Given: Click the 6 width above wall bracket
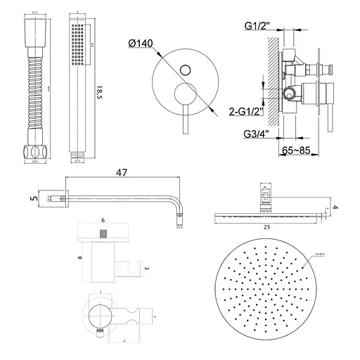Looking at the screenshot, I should point(102,221).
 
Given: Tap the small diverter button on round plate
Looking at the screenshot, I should point(186,69).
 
